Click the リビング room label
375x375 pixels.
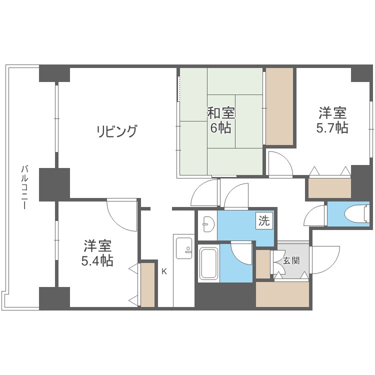point(116,132)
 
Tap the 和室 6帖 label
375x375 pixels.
point(220,120)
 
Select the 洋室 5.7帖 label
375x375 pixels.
point(331,120)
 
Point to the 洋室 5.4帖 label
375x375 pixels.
point(98,253)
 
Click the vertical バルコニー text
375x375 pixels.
point(24,187)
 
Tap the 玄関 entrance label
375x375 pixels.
point(291,260)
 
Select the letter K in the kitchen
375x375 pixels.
point(163,271)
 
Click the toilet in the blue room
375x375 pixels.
point(356,214)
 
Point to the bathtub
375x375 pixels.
point(207,263)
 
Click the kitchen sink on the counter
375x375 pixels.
point(184,248)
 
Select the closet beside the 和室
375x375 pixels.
point(279,106)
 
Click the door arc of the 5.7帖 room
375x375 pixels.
point(279,163)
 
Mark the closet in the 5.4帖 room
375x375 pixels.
point(147,284)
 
